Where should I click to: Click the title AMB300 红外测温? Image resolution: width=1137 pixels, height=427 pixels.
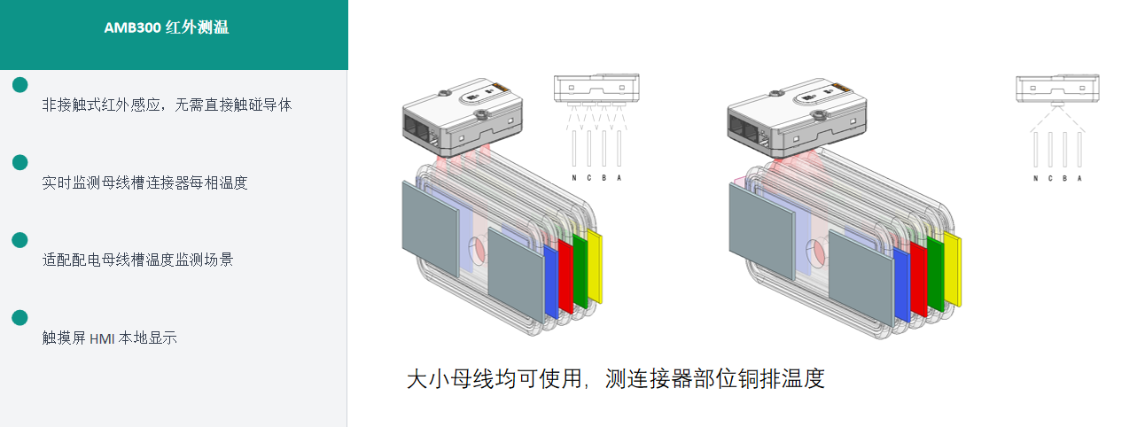coord(167,27)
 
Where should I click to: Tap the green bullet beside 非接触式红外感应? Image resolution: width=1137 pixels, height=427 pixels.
coord(19,85)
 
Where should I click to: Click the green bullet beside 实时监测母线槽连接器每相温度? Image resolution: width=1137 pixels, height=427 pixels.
coord(19,162)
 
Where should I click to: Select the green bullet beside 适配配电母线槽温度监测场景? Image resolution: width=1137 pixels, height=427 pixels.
coord(19,240)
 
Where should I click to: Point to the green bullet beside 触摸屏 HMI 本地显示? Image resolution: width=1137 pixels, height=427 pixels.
coord(19,317)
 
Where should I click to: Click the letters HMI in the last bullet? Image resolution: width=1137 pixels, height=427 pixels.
coord(102,338)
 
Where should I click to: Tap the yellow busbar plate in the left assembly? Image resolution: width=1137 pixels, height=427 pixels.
coord(595,267)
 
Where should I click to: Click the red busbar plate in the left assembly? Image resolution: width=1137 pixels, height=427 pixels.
coord(565,276)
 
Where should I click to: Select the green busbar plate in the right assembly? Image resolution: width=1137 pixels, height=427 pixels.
coord(936,274)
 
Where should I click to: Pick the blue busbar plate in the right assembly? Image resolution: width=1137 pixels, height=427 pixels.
coord(902,285)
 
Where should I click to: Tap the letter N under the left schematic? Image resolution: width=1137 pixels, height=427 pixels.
coord(574,178)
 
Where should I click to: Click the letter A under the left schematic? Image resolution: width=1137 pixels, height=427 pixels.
coord(619,178)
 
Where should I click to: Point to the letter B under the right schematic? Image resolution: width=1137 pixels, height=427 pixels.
coord(1065,179)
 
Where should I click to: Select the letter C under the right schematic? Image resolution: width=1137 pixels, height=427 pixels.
coord(1050,179)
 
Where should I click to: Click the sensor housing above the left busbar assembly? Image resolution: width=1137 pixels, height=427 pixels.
coord(463,117)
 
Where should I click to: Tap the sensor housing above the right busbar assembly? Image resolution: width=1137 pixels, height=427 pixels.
coord(797,118)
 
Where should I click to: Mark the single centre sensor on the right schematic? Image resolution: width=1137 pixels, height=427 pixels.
coord(1057,104)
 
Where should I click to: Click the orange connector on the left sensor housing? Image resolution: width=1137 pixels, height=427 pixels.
coord(501,88)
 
